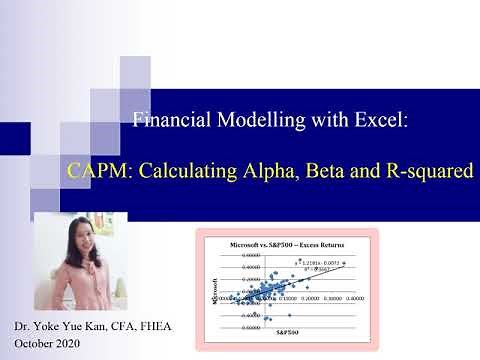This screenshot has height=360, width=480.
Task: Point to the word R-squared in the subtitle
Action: pos(431,170)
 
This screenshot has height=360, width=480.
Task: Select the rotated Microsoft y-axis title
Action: pos(212,289)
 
